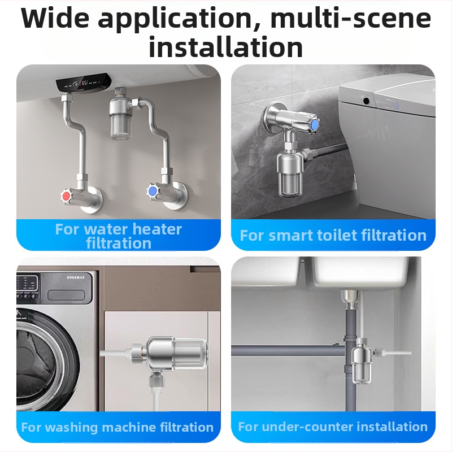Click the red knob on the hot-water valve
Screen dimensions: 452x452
coord(66,196)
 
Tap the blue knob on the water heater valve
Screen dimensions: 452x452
coord(152,191)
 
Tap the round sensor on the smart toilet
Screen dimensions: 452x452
coord(366,101)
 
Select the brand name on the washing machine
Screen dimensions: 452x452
coord(76,277)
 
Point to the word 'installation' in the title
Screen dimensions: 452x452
coord(225,47)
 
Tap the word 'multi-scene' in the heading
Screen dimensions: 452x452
coord(350,19)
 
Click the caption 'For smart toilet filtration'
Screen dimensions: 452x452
coord(333,235)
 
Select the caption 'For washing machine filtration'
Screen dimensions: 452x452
coord(118,427)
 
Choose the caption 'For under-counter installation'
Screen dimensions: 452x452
coord(333,427)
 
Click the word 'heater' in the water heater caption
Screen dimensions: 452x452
coord(157,229)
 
